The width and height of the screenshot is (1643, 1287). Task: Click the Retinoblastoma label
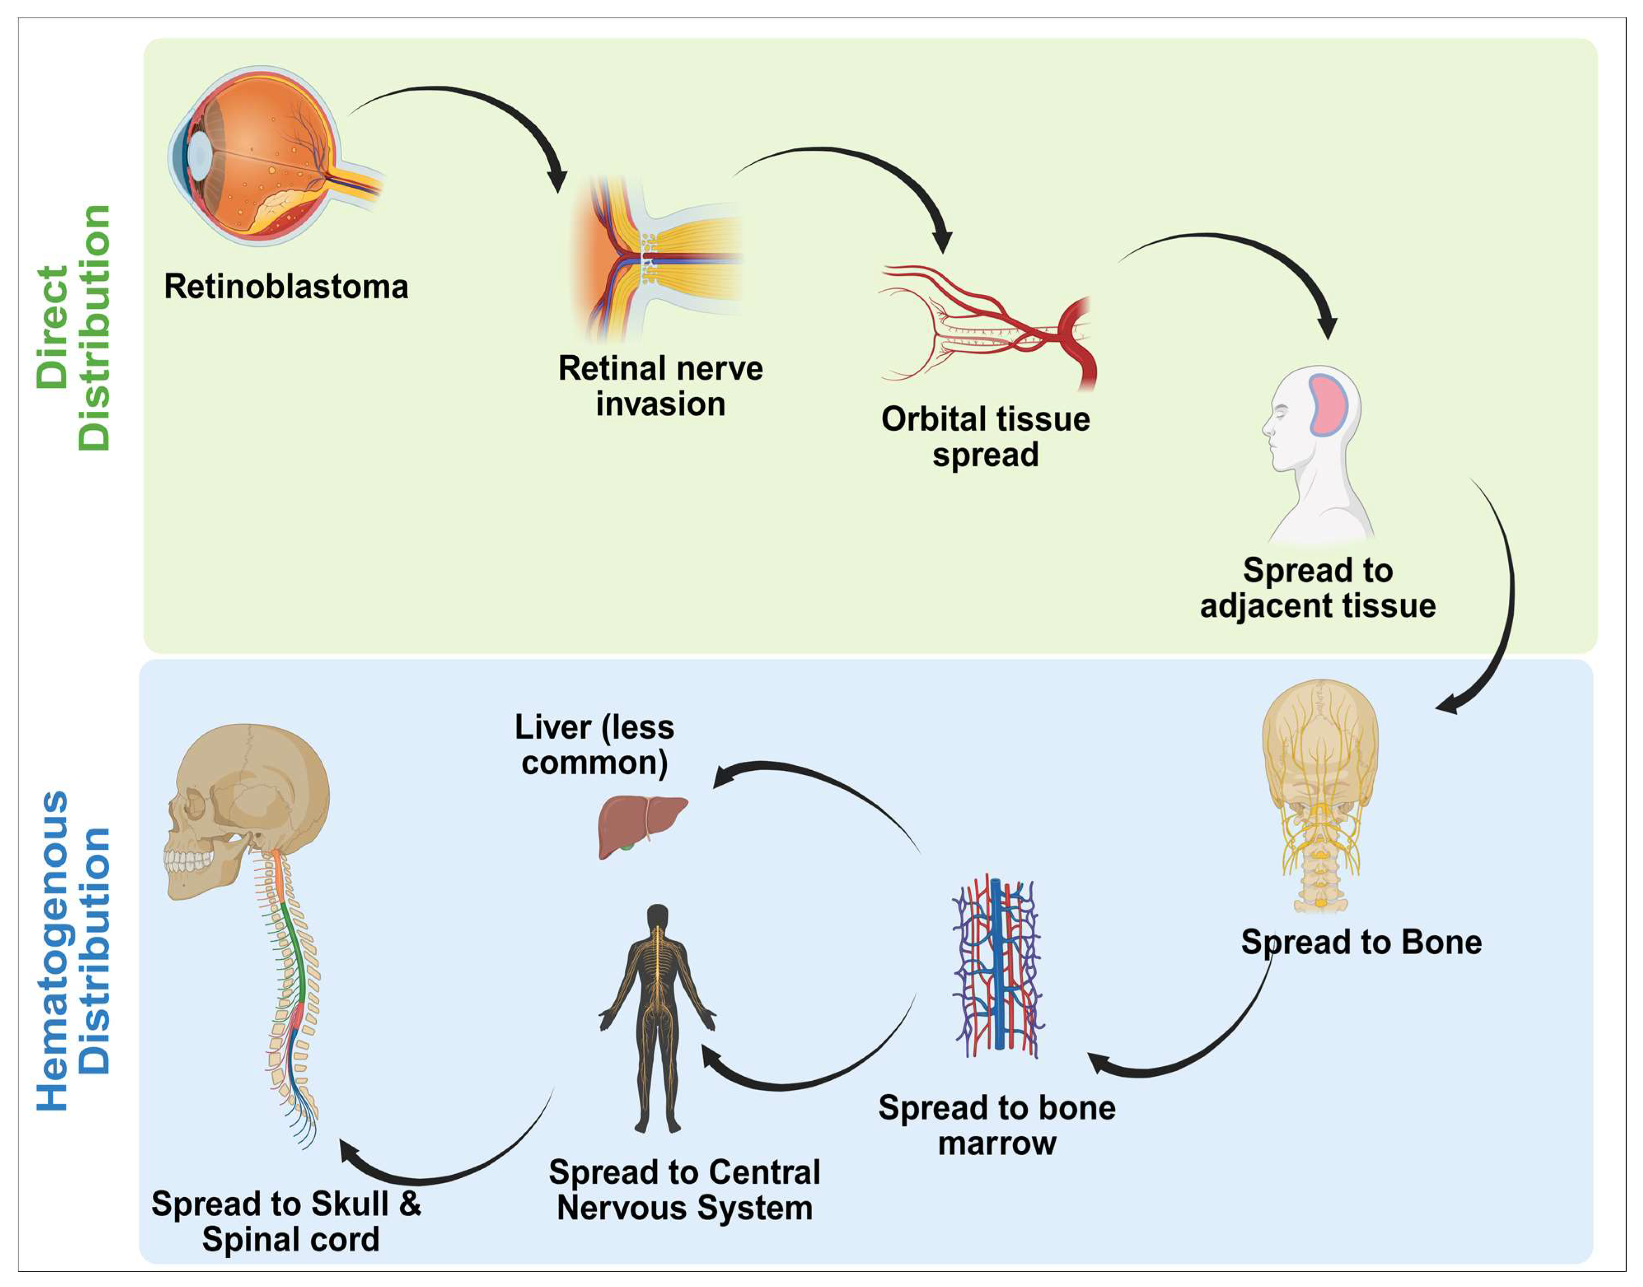pyautogui.click(x=286, y=287)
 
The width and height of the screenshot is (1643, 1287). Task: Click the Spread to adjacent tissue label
pyautogui.click(x=1318, y=588)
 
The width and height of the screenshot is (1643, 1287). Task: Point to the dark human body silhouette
pyautogui.click(x=657, y=1017)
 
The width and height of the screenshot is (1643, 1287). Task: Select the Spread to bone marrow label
pyautogui.click(x=996, y=1125)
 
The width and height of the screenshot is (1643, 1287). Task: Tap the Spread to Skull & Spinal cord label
pyautogui.click(x=287, y=1221)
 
